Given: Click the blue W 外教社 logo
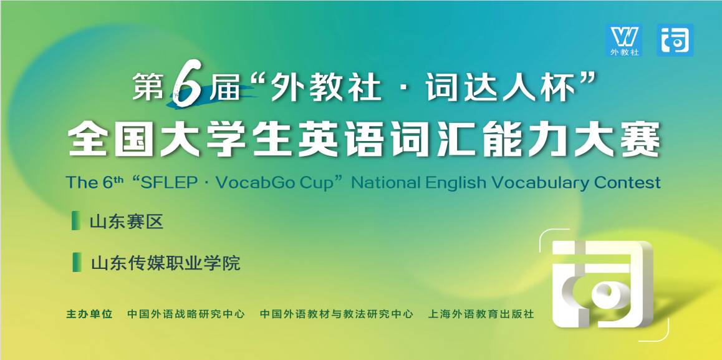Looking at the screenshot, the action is point(624,41).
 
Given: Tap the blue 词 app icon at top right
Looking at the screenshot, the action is point(675,41).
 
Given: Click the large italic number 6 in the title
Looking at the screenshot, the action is point(187,87).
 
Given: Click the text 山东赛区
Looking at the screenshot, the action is point(127,222).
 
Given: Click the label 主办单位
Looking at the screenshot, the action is point(89,314).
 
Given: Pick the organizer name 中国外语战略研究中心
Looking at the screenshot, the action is point(186,314).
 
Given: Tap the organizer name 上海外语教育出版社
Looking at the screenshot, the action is point(481,314).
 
